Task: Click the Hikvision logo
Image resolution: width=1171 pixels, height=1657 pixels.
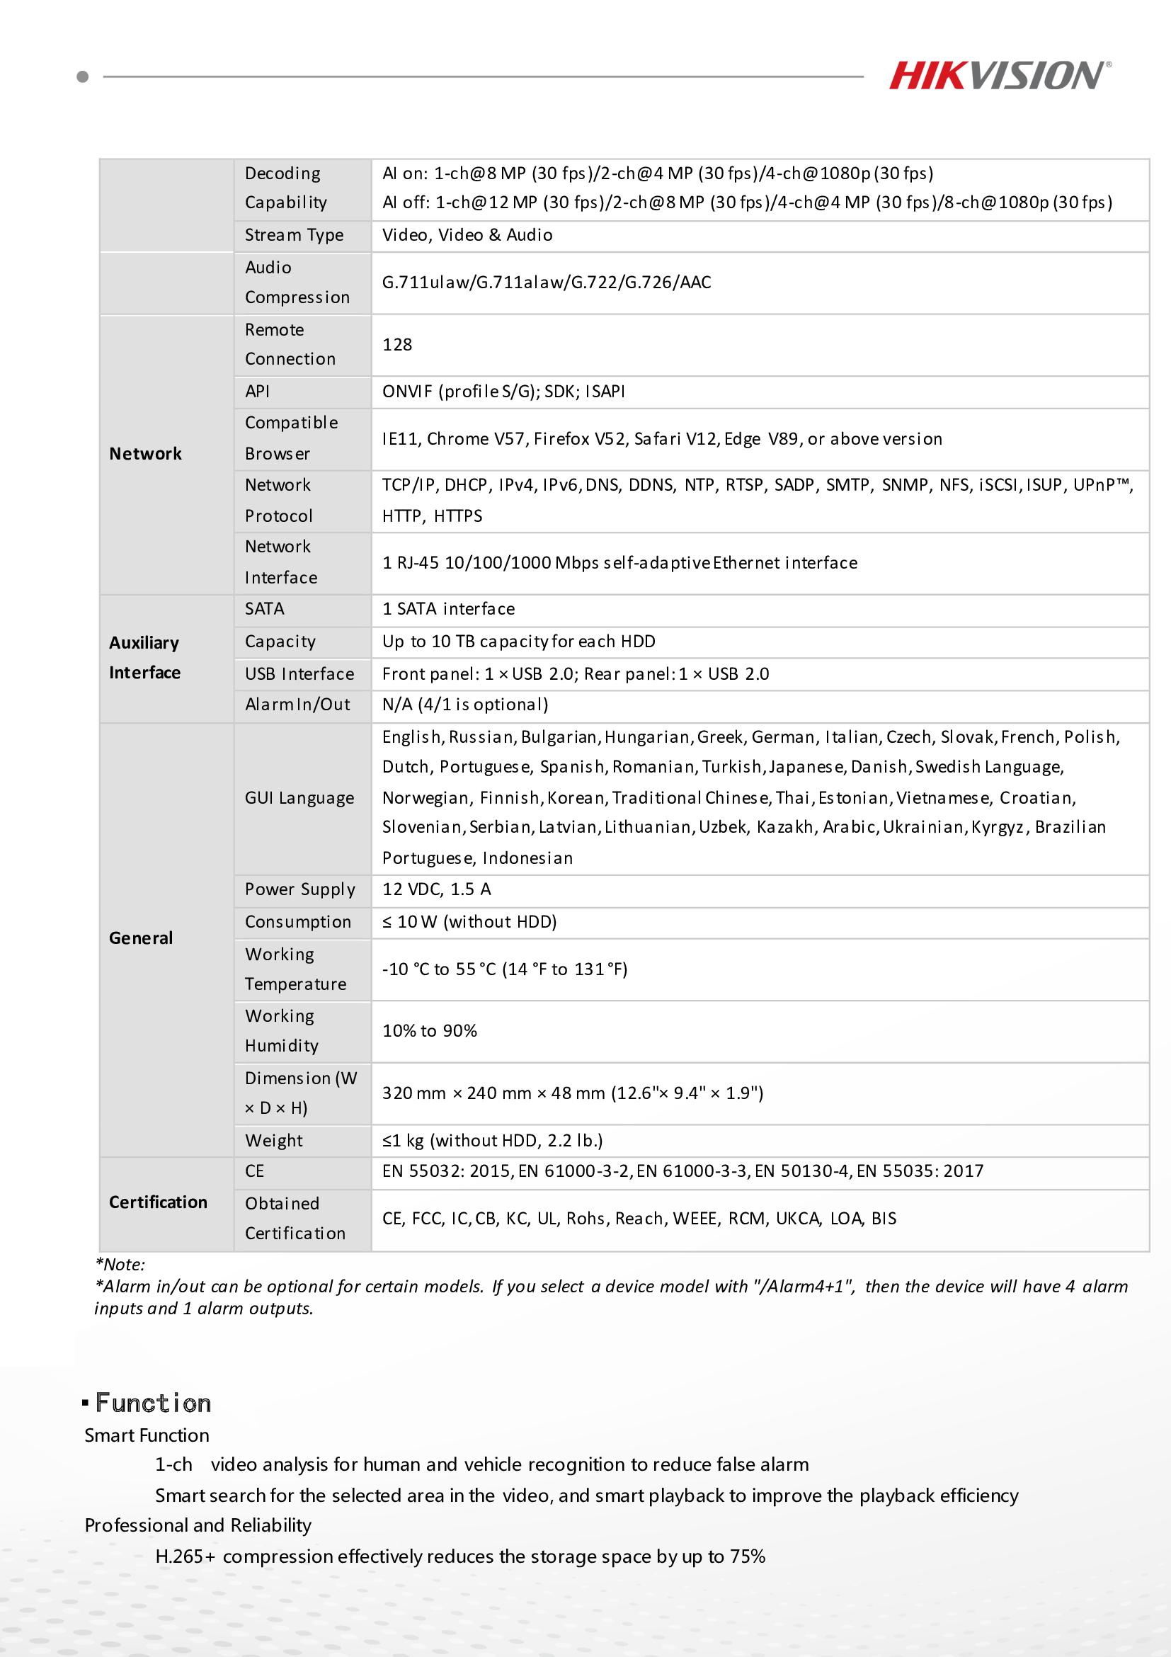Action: click(999, 75)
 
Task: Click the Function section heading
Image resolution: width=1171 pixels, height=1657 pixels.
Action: click(153, 1403)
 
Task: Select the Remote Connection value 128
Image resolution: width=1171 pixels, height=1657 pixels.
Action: click(397, 344)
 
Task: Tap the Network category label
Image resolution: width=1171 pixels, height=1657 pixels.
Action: click(145, 453)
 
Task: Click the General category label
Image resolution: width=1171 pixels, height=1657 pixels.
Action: click(141, 938)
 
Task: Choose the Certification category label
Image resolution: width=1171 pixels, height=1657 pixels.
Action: click(158, 1202)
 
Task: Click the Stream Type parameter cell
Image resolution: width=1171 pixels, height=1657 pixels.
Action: click(294, 234)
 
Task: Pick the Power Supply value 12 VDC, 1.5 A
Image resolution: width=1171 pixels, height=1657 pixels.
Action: click(437, 889)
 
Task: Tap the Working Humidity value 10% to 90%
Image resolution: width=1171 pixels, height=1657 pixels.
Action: click(429, 1030)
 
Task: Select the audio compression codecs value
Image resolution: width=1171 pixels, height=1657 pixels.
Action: click(546, 282)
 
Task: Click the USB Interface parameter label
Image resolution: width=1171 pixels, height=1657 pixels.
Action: click(299, 673)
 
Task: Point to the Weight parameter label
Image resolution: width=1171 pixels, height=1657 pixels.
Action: click(273, 1140)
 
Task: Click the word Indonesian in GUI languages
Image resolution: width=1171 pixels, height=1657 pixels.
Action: click(527, 858)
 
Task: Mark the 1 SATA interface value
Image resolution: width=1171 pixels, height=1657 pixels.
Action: click(448, 608)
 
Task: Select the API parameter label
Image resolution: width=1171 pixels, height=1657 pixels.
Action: click(257, 391)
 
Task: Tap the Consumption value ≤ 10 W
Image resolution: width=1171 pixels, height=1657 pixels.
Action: click(469, 921)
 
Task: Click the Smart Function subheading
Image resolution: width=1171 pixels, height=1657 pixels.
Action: click(147, 1435)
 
